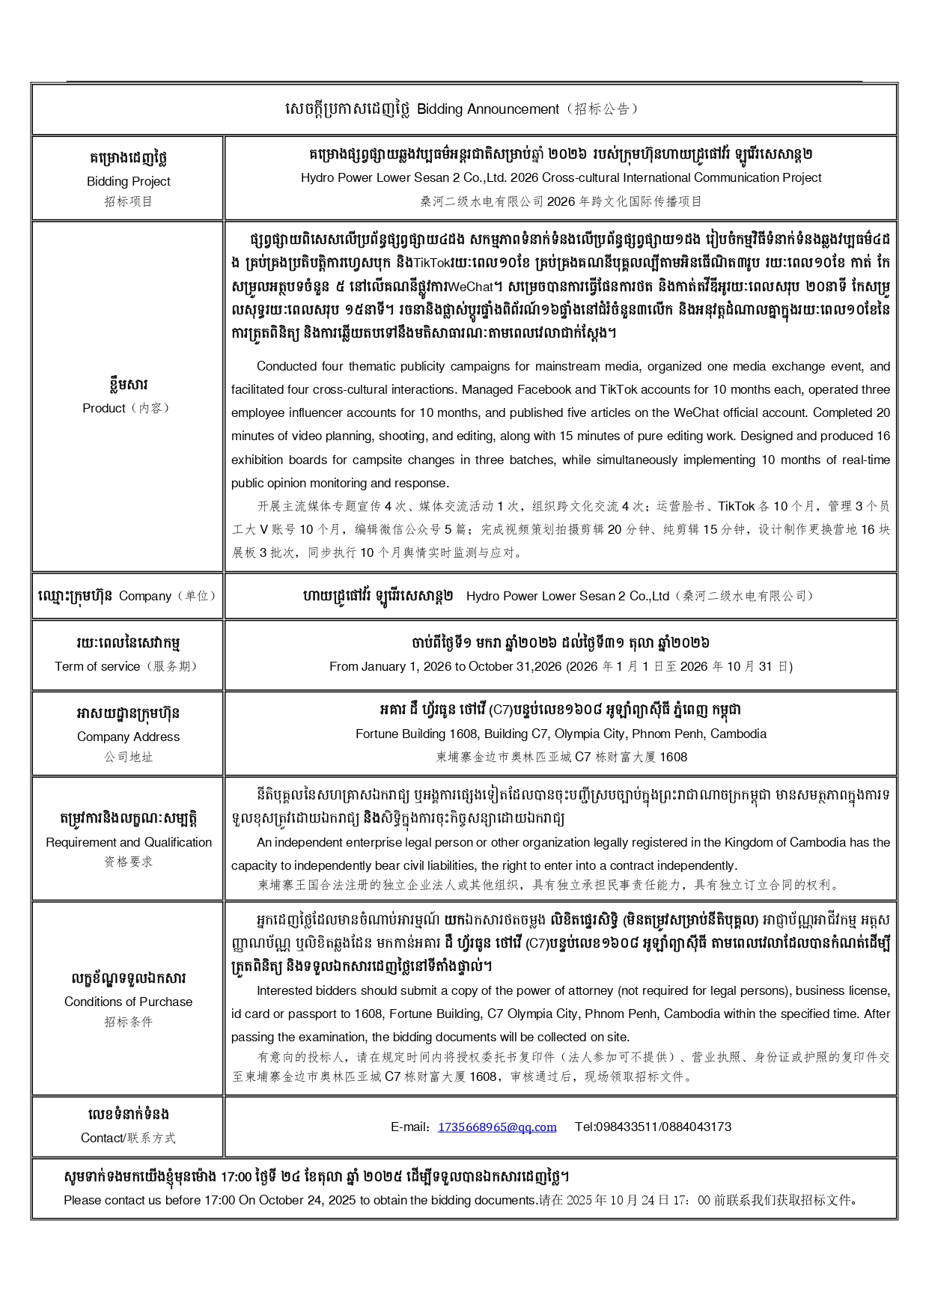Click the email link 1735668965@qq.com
tap(497, 1127)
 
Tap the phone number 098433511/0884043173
tap(653, 1127)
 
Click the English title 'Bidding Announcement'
tap(487, 109)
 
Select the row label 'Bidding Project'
tap(128, 181)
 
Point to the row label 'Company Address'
tap(128, 737)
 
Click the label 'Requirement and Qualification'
tap(128, 842)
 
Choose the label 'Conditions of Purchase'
tap(128, 1002)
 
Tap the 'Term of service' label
tap(97, 666)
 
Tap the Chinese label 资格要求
tap(128, 862)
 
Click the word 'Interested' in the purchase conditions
tap(285, 990)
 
